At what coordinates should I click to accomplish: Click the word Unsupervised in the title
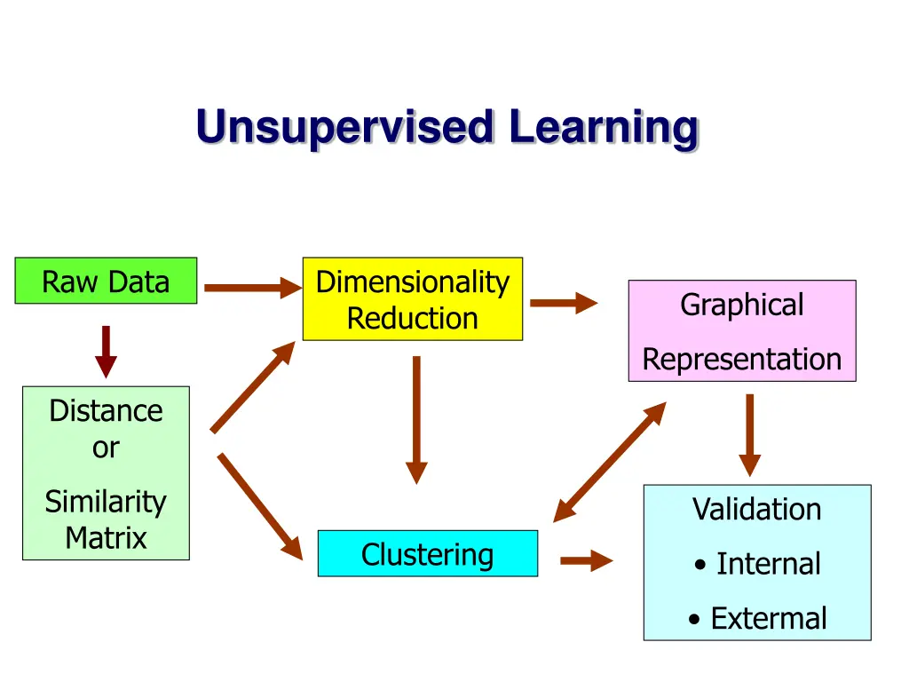click(x=345, y=128)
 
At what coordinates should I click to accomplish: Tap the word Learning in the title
click(x=604, y=128)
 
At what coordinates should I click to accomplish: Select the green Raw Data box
click(x=107, y=281)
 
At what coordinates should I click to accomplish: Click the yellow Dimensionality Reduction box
click(x=413, y=298)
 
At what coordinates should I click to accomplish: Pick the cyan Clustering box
click(x=428, y=553)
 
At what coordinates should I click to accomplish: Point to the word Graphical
click(x=742, y=305)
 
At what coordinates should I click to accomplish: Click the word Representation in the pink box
click(x=742, y=360)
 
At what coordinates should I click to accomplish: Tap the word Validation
click(x=757, y=509)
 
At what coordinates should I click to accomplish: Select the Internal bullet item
click(x=758, y=564)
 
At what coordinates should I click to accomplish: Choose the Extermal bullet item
click(x=758, y=618)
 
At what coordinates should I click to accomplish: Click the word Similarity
click(x=106, y=503)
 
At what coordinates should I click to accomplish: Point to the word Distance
click(x=107, y=410)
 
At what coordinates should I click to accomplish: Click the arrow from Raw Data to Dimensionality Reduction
click(x=253, y=288)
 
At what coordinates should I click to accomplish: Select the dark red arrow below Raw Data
click(x=107, y=352)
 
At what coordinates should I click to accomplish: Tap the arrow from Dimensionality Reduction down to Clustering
click(x=416, y=420)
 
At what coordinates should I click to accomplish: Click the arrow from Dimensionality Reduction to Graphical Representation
click(x=564, y=303)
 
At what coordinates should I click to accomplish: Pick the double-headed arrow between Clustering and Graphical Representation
click(x=610, y=462)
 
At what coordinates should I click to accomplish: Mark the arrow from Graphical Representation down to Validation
click(x=749, y=435)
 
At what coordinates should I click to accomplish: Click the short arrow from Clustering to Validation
click(x=587, y=560)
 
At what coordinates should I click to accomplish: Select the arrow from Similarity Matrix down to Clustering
click(x=260, y=507)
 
